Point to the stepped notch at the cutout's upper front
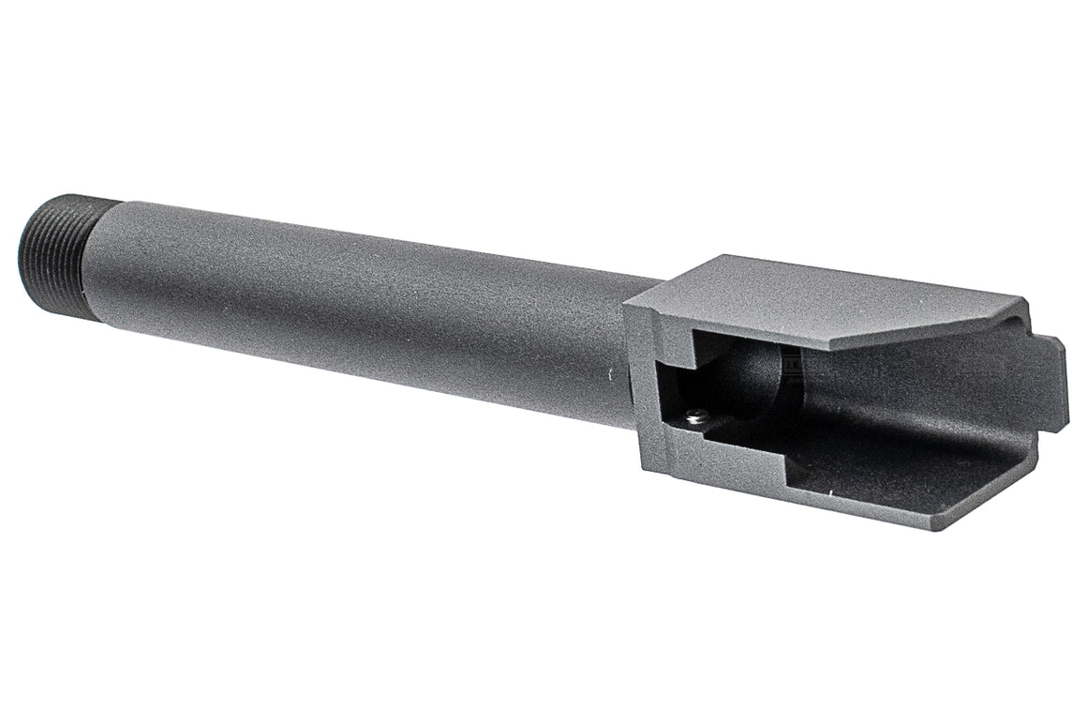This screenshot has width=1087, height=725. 679,352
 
